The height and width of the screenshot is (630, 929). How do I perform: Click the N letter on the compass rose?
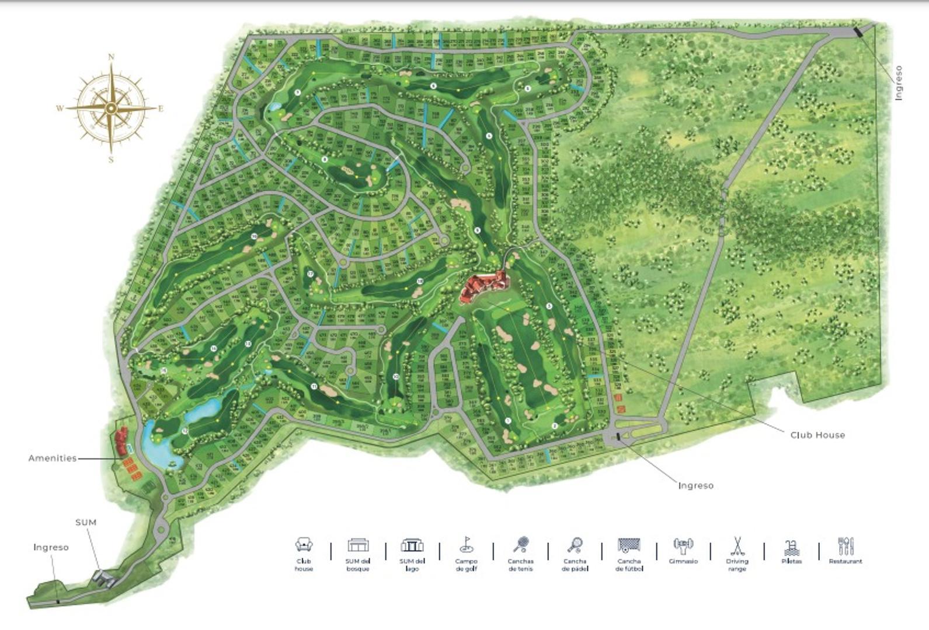click(x=111, y=57)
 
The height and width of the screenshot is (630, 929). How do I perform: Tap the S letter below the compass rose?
click(x=111, y=160)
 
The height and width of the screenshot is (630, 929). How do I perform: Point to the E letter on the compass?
click(x=161, y=108)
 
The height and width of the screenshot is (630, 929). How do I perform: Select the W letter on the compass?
click(x=60, y=108)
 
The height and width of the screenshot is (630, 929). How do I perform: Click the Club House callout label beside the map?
click(x=817, y=435)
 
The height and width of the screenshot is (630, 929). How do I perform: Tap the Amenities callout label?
click(x=53, y=458)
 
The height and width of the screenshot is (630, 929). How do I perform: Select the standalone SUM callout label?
click(x=86, y=522)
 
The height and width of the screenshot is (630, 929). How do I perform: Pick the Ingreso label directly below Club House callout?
click(x=695, y=485)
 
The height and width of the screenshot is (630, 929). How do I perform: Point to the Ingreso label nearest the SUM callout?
click(x=51, y=547)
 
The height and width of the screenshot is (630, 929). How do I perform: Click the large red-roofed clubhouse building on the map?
click(x=482, y=286)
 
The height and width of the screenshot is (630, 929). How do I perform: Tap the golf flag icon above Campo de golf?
click(x=466, y=545)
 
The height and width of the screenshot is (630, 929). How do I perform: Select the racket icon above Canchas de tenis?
click(x=521, y=545)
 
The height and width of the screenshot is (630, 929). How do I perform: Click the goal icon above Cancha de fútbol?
click(x=629, y=545)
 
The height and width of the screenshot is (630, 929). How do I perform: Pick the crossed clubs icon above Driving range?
click(x=737, y=545)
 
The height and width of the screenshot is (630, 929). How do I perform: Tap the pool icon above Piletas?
click(x=791, y=547)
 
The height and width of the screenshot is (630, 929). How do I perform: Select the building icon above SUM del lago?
click(x=412, y=545)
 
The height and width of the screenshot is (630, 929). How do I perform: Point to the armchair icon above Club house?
click(x=304, y=545)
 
